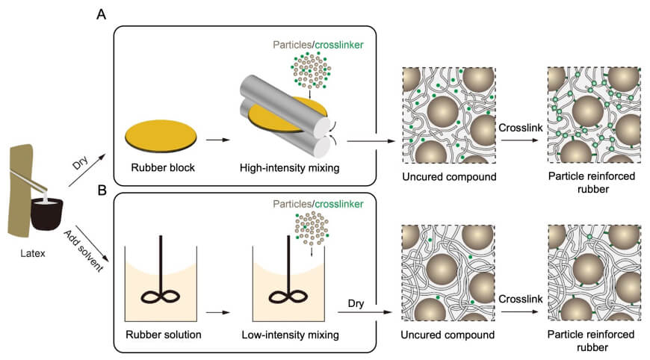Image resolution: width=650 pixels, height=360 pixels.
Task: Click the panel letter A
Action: coord(101,14)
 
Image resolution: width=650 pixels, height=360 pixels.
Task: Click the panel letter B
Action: coord(101,190)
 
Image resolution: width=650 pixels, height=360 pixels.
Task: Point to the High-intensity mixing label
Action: coord(285,168)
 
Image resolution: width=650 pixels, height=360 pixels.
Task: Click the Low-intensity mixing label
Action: coord(285,335)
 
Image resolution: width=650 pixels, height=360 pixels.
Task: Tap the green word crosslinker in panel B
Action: coord(341,203)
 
